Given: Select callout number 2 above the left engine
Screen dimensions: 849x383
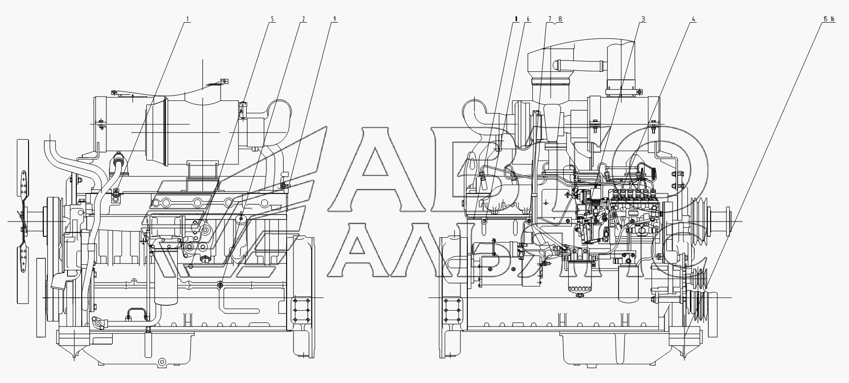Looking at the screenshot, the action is point(303,20).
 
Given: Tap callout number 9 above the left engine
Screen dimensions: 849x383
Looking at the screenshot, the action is point(334,20).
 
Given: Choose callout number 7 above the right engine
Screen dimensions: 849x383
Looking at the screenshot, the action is point(550,20).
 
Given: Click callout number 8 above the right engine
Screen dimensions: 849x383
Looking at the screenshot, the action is point(560,20).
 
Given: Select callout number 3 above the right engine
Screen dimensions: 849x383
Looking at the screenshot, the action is point(643,20).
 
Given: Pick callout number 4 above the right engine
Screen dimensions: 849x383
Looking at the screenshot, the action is point(693,20).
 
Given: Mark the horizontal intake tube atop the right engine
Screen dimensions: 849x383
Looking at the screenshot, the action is point(572,64).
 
